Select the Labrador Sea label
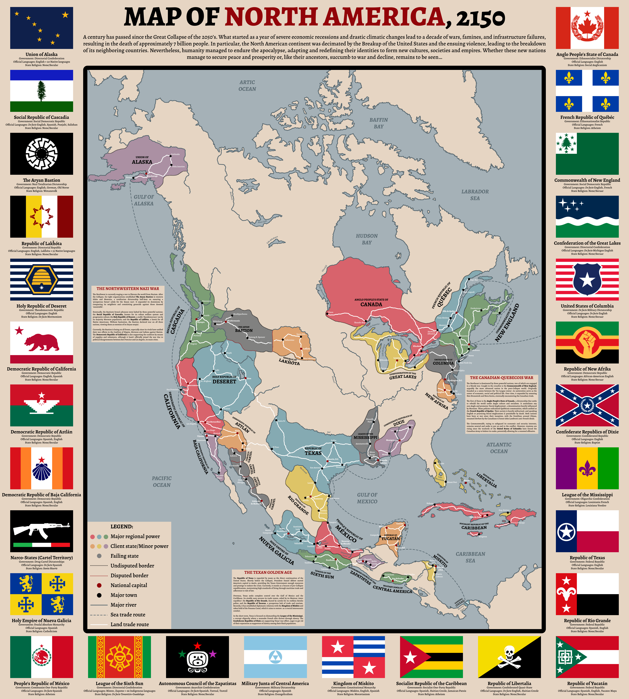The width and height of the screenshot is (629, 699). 475,195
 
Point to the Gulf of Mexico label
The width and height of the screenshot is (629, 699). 367,498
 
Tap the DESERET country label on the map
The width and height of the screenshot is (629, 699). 224,382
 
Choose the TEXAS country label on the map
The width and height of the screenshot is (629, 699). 313,453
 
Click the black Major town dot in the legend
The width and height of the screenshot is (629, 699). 99,595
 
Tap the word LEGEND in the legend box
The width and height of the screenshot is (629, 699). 122,526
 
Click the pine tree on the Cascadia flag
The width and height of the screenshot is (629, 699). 42,91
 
